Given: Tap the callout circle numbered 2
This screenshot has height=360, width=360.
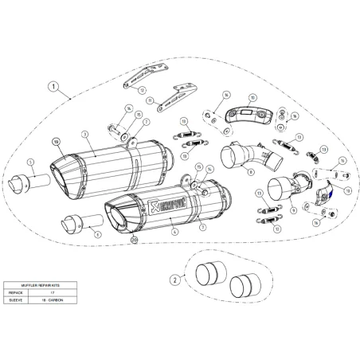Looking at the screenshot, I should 174,280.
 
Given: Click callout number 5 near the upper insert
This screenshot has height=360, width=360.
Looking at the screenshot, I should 30,162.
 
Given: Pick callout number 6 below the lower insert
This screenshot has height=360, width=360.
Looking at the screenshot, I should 97,236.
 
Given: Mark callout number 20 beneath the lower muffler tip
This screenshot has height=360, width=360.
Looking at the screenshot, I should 134,239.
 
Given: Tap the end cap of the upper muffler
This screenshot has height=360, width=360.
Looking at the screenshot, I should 65,168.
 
